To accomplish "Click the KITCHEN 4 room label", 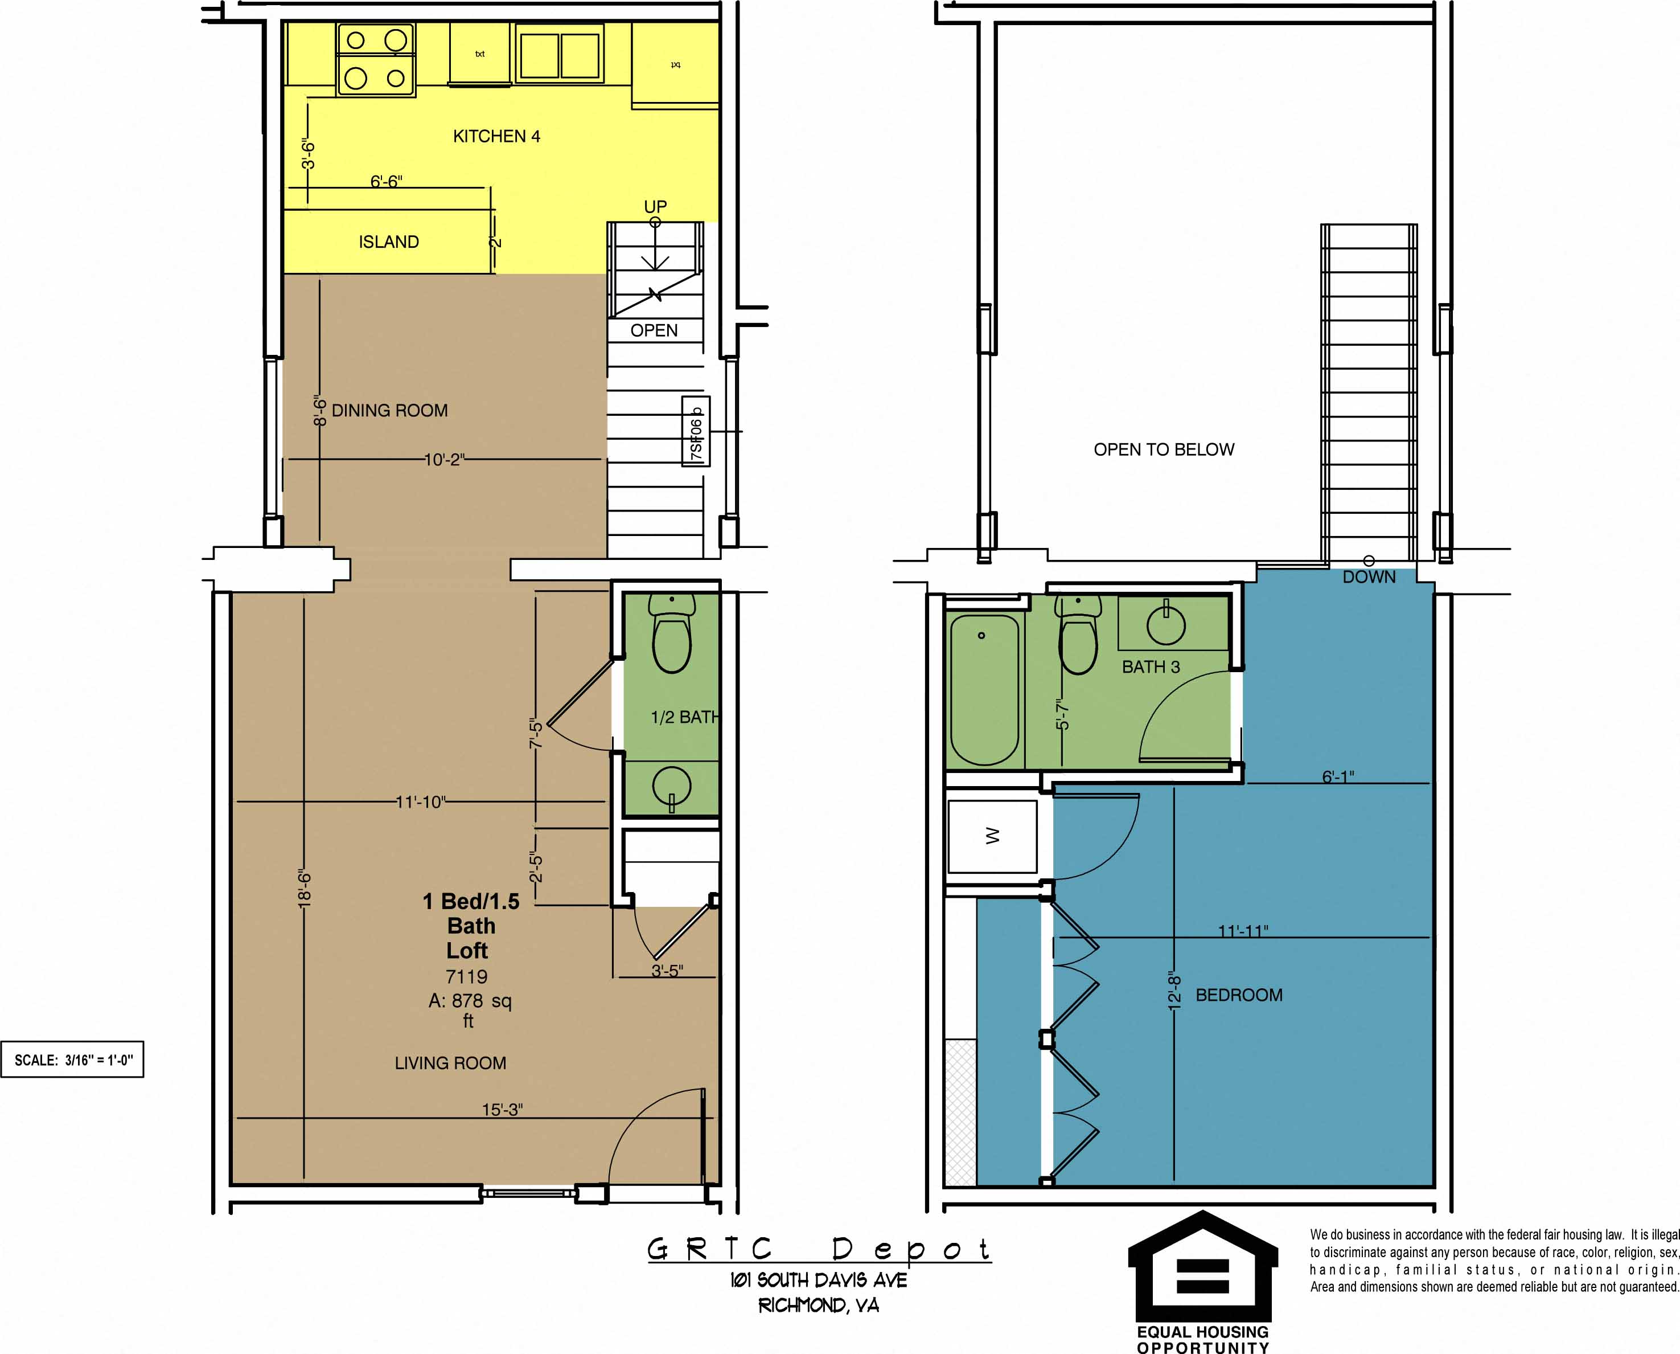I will [x=496, y=137].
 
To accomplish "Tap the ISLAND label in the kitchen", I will [x=388, y=242].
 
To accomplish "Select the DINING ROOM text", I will [x=390, y=410].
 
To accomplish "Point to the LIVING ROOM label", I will [x=450, y=1063].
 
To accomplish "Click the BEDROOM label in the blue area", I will [x=1239, y=995].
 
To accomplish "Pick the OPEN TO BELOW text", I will [x=1163, y=449].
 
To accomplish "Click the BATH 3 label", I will [x=1150, y=667].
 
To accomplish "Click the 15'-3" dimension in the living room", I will [x=502, y=1109].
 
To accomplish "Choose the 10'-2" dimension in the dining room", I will [x=443, y=459].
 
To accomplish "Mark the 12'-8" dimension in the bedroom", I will [x=1175, y=991].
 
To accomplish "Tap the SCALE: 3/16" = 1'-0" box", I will [x=72, y=1060].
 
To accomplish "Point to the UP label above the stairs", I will [x=655, y=207].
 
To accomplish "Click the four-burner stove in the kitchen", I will [x=376, y=59].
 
